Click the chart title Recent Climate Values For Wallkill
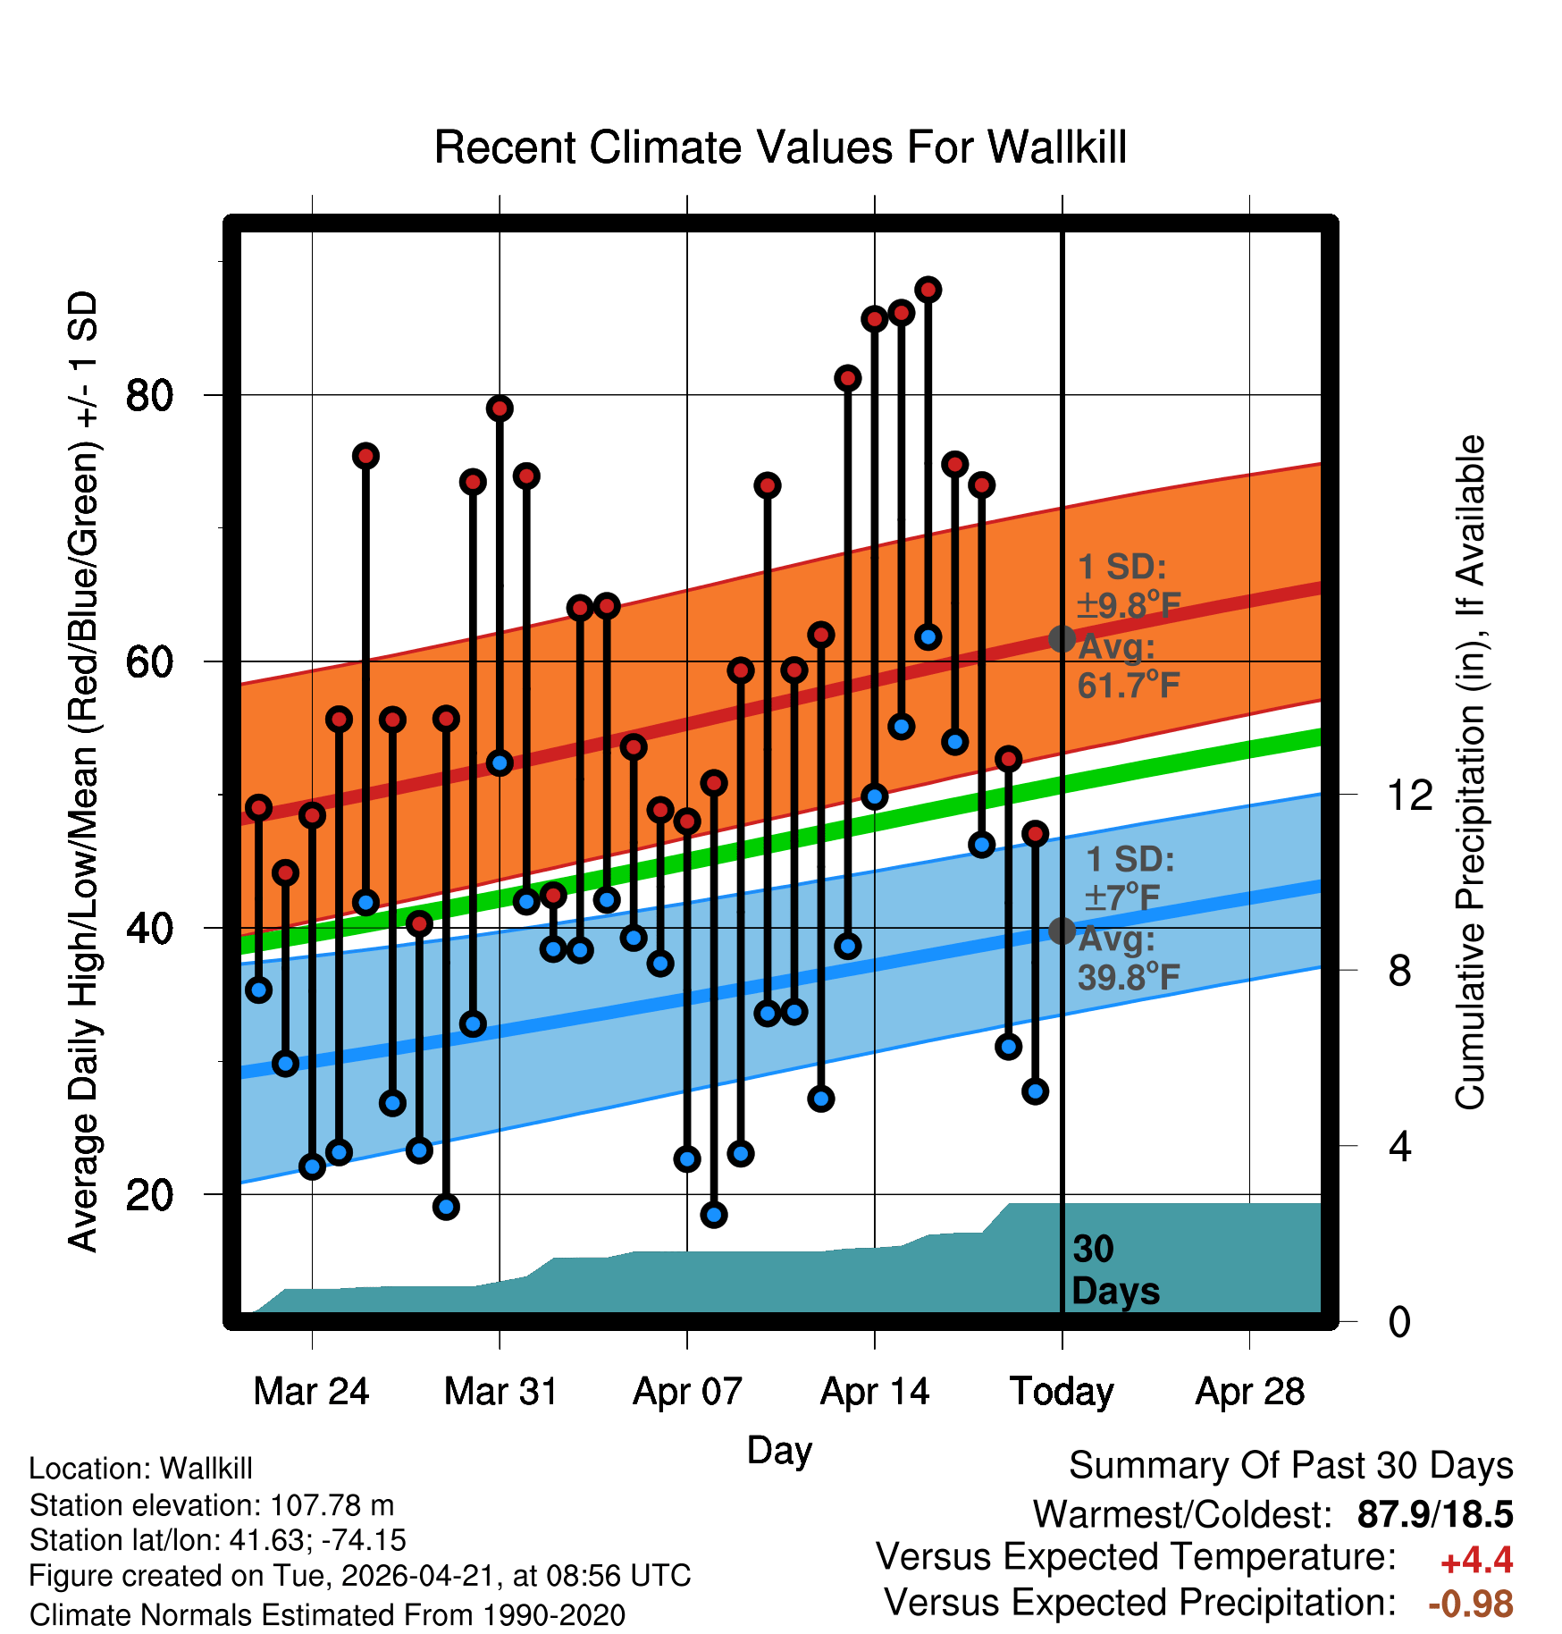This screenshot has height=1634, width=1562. click(780, 147)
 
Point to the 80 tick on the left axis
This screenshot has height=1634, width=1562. click(149, 395)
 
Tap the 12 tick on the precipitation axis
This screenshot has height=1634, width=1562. click(1409, 795)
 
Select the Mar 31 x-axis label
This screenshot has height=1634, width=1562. click(500, 1392)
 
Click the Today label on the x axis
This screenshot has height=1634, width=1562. click(1062, 1392)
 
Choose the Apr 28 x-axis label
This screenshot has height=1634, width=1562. click(1250, 1392)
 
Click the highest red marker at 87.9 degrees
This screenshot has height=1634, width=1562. click(928, 290)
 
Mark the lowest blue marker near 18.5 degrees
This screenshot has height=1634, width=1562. click(713, 1214)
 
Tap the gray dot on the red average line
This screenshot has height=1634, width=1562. click(1062, 638)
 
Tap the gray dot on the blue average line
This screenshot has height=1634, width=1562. click(1062, 931)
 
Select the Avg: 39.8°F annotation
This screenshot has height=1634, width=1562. click(1129, 958)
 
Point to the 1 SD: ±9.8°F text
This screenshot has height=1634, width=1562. click(1129, 585)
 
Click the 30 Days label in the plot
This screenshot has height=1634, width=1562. click(1115, 1270)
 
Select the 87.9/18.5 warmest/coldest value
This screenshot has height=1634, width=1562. click(1435, 1514)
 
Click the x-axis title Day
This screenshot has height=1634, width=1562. click(779, 1450)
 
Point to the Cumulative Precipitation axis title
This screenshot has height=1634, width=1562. click(1470, 772)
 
